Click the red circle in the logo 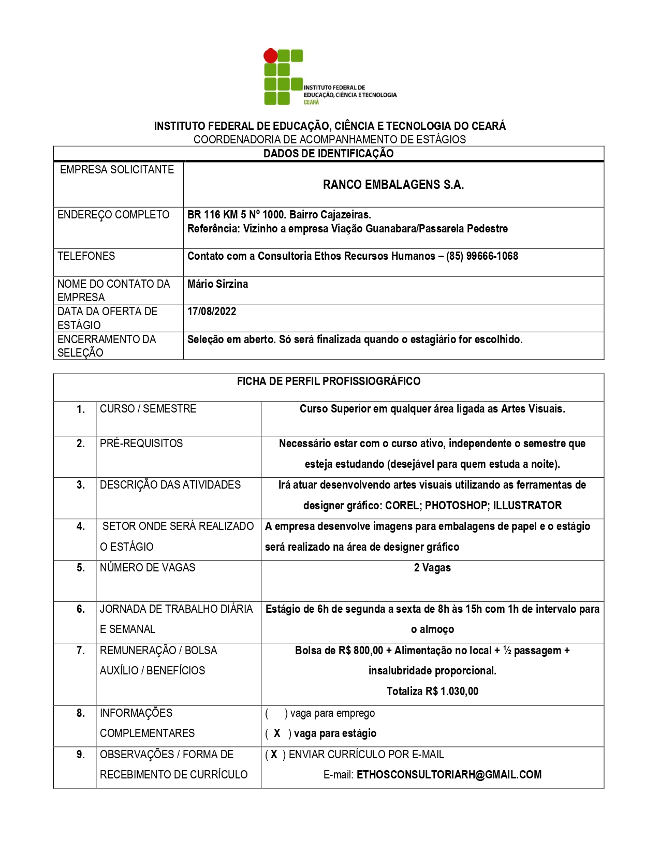(x=270, y=55)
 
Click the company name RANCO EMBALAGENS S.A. (x=393, y=185)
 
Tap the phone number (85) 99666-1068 (x=482, y=256)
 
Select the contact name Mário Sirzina (x=217, y=284)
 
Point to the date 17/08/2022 (x=212, y=312)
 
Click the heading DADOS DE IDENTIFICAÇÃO (x=328, y=154)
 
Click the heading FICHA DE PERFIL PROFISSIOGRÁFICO (x=328, y=381)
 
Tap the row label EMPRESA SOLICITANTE (x=117, y=170)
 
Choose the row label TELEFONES (x=86, y=256)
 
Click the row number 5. (x=81, y=568)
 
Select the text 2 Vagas (x=432, y=568)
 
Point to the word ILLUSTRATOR (x=527, y=506)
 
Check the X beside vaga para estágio (x=277, y=733)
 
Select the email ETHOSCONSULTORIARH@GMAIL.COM (x=449, y=775)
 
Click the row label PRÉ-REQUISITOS (x=141, y=444)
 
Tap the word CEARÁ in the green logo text (x=311, y=102)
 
